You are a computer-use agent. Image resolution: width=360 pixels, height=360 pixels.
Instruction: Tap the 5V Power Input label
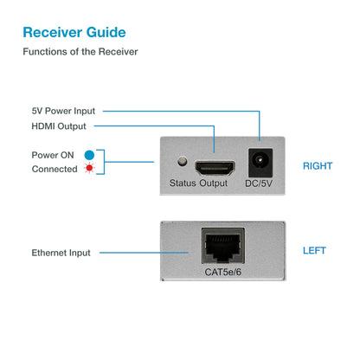tap(63, 111)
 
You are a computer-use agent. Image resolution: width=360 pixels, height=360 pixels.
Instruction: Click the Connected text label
tap(55, 169)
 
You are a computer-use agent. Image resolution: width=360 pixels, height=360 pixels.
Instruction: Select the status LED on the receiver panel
tap(182, 161)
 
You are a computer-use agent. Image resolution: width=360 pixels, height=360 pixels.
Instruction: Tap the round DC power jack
tap(258, 162)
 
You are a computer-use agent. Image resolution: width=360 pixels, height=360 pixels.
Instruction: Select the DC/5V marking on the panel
tap(258, 183)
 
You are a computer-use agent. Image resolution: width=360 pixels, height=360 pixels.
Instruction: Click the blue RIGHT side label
tap(317, 165)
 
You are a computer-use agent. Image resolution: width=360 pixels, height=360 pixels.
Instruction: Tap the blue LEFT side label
tap(314, 250)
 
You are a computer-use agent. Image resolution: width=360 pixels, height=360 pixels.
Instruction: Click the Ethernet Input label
tap(61, 253)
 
